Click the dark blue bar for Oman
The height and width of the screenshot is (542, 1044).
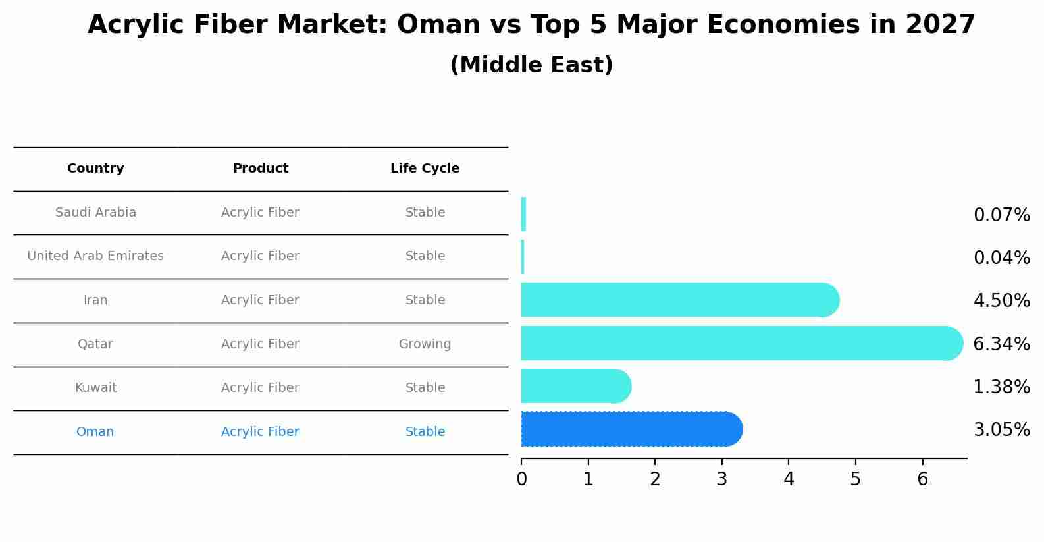pyautogui.click(x=631, y=429)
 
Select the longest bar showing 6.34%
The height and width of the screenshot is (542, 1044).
pyautogui.click(x=741, y=343)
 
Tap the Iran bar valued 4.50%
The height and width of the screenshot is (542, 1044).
pyautogui.click(x=678, y=300)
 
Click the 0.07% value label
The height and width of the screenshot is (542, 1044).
pyautogui.click(x=1001, y=215)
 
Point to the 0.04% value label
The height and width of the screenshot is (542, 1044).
pyautogui.click(x=1001, y=258)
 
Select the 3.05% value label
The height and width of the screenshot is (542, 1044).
pyautogui.click(x=1001, y=430)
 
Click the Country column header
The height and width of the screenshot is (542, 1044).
pyautogui.click(x=95, y=169)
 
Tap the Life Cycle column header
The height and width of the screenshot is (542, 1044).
pyautogui.click(x=425, y=169)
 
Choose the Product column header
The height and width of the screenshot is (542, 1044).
pyautogui.click(x=260, y=169)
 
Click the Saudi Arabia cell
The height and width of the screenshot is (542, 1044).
pyautogui.click(x=95, y=213)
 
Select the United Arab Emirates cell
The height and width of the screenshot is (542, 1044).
pyautogui.click(x=95, y=256)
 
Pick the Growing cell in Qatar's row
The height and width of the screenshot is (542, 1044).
pyautogui.click(x=425, y=344)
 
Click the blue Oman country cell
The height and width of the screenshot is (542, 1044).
pyautogui.click(x=95, y=432)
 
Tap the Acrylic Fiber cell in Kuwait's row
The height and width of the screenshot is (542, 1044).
pyautogui.click(x=260, y=388)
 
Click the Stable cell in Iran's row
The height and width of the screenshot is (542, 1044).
pyautogui.click(x=425, y=300)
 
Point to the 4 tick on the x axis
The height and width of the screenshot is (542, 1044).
pyautogui.click(x=789, y=479)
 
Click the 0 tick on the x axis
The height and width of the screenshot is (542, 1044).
pyautogui.click(x=521, y=479)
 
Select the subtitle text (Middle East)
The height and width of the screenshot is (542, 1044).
pyautogui.click(x=531, y=65)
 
